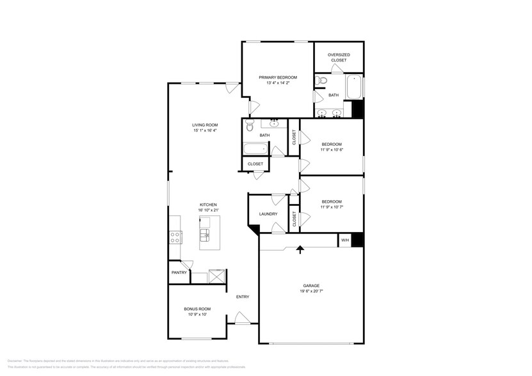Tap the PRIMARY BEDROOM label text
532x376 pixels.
(x=278, y=77)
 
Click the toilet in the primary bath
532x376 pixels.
(x=322, y=81)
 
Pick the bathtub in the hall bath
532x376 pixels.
(x=255, y=149)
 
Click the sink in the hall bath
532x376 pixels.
(x=274, y=123)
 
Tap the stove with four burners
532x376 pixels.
(x=174, y=237)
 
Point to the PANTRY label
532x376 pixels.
(x=179, y=272)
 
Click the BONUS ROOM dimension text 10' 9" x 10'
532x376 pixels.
(x=197, y=315)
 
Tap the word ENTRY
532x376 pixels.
(x=243, y=297)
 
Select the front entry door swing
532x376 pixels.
(x=241, y=317)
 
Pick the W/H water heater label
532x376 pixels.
(x=344, y=240)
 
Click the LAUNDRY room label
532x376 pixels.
(x=268, y=214)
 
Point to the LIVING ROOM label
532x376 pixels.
(x=205, y=125)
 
